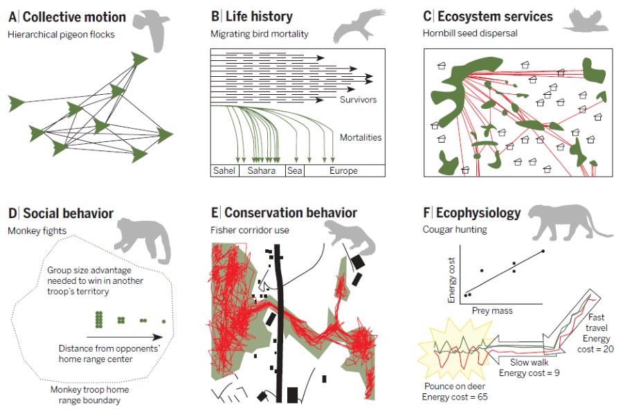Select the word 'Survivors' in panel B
point(358,100)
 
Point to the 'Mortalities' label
point(361,137)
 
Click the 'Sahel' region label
point(224,170)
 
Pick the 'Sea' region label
point(295,170)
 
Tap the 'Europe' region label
point(344,170)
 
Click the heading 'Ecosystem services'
point(494,17)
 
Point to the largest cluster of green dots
point(100,319)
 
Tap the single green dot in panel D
point(163,321)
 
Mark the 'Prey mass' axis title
point(492,311)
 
